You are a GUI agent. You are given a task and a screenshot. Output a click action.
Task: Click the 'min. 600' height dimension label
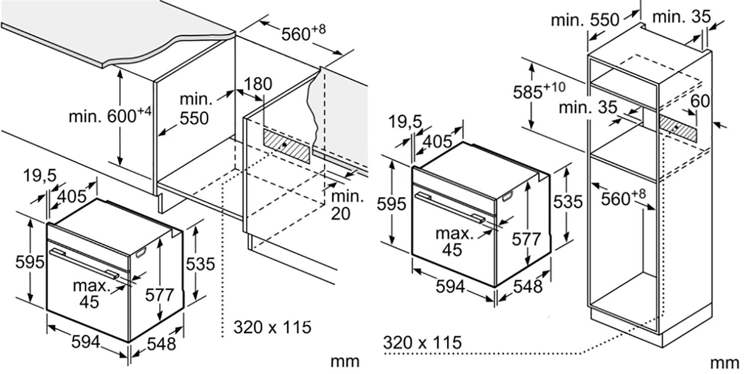[110, 115]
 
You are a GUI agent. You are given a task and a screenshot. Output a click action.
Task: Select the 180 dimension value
[258, 84]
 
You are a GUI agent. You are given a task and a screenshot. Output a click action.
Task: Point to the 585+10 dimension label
[539, 91]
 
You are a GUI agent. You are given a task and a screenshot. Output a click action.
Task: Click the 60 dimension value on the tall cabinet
[700, 101]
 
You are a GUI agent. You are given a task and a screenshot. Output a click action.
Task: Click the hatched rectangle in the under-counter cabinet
[287, 146]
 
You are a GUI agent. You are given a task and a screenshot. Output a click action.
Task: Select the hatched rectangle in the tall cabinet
[678, 127]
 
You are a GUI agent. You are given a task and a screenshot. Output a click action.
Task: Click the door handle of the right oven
[449, 208]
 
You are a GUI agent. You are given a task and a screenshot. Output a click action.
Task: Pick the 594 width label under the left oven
[86, 342]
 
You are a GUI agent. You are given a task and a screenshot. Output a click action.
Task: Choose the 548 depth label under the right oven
[528, 286]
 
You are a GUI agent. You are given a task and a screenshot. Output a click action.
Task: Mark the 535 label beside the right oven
[567, 201]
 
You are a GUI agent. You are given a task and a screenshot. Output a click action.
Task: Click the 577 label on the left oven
[160, 295]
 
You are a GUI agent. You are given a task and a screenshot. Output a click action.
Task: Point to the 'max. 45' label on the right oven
[454, 241]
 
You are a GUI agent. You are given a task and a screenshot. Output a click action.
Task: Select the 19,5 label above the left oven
[40, 176]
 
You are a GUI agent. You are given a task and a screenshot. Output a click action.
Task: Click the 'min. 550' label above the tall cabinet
[585, 20]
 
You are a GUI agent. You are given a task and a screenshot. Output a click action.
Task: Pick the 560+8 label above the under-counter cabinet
[303, 33]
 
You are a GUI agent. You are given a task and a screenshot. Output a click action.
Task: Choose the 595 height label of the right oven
[391, 203]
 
